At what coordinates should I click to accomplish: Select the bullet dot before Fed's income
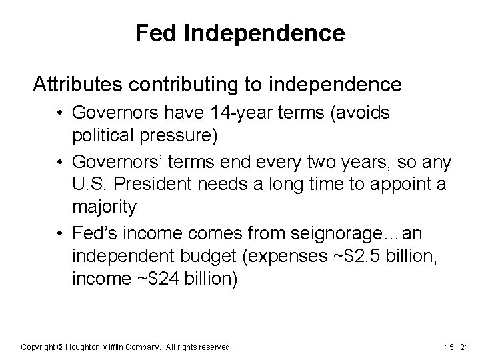(x=61, y=235)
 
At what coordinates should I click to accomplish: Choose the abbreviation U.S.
(x=91, y=184)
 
